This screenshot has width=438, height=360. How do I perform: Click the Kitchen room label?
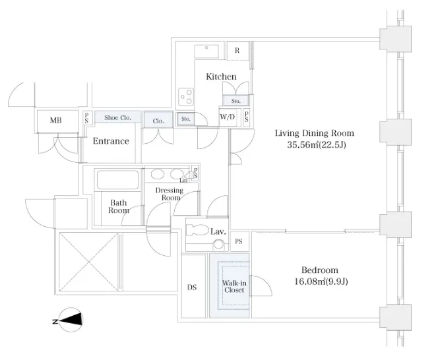(221, 76)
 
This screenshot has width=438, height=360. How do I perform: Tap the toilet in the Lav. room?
(197, 230)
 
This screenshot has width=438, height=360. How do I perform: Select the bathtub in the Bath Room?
(117, 180)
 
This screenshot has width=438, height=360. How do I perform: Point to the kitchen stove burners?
(186, 97)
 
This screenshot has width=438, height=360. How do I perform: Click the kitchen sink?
(206, 51)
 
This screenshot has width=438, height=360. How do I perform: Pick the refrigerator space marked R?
(237, 51)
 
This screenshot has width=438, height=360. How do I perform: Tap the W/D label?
(228, 117)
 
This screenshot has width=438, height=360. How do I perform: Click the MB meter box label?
(55, 121)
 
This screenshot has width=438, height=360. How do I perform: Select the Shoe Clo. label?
(117, 117)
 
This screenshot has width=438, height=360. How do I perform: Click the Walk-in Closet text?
(234, 287)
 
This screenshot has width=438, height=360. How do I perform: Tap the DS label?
(192, 287)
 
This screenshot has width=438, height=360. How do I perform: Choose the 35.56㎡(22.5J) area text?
(317, 144)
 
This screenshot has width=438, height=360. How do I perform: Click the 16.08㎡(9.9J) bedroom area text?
(321, 282)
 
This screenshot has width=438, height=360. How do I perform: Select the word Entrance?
(111, 141)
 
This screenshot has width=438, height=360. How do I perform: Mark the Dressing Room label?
(170, 194)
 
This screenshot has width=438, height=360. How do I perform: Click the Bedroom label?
(320, 270)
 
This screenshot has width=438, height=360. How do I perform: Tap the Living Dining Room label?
(315, 133)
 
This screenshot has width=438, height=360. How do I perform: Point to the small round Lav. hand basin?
(218, 245)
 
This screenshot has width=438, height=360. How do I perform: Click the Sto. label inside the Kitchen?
(235, 101)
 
